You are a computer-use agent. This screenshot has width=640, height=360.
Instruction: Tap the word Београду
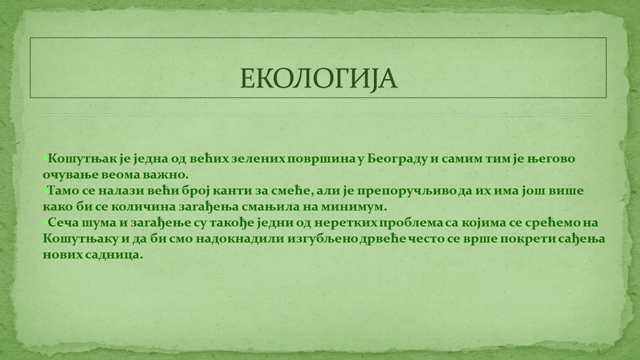pos(397,159)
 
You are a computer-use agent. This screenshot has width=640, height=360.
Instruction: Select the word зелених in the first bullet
pos(257,159)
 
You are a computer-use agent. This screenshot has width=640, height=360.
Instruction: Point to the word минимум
pos(353,207)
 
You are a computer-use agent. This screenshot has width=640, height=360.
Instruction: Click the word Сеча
pos(63,223)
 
